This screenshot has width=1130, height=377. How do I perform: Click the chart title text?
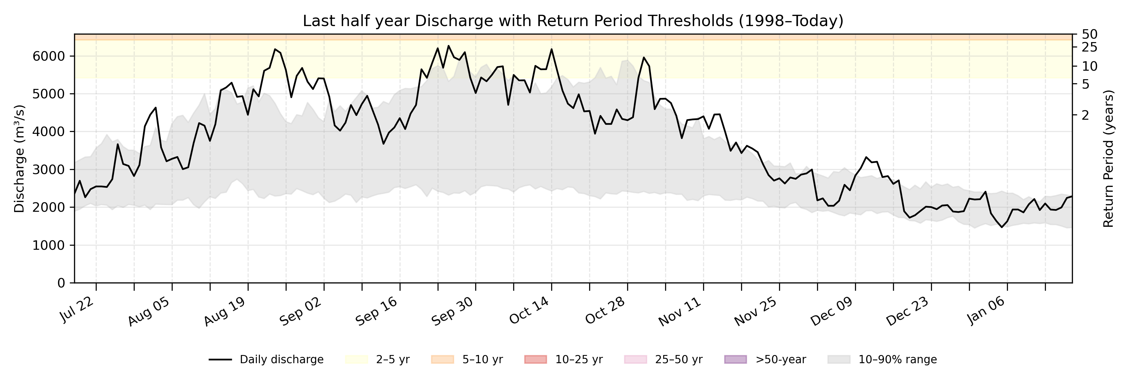click(573, 21)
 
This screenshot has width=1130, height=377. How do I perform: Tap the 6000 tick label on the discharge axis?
click(49, 56)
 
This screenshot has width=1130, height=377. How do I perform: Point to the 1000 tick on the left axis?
click(49, 245)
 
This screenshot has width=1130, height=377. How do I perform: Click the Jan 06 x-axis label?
click(986, 310)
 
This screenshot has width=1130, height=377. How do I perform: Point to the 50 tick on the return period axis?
click(1090, 34)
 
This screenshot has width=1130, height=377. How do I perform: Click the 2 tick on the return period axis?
click(1085, 115)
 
